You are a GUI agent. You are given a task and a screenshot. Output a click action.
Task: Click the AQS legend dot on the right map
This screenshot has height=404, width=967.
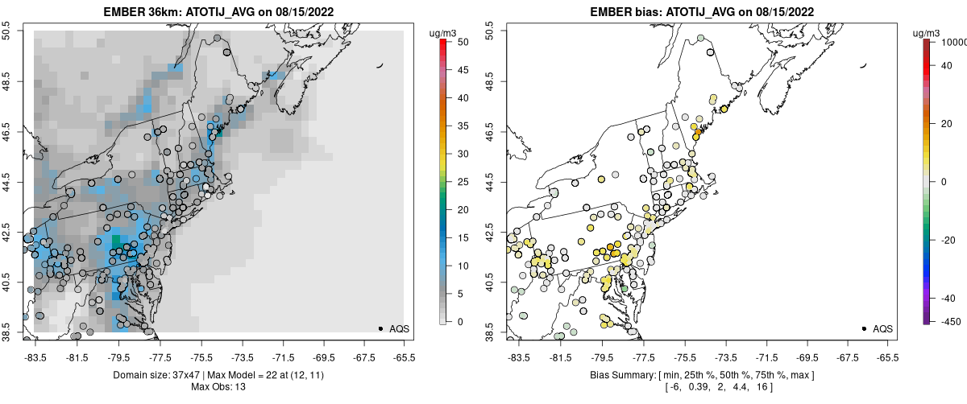click(864, 329)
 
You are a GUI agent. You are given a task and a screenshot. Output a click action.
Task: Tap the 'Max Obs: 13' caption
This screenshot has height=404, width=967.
click(218, 387)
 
